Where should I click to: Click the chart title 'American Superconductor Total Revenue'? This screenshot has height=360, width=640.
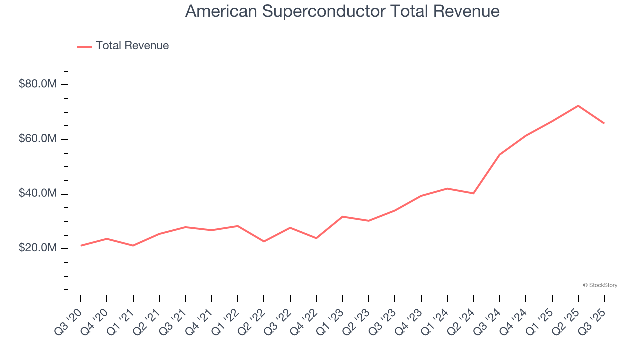[342, 11]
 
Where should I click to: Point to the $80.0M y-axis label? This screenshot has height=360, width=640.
[37, 84]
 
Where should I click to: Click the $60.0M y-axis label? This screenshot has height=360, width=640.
[37, 139]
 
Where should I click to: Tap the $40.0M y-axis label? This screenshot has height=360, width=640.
[37, 194]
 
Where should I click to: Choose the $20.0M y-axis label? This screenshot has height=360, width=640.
[37, 248]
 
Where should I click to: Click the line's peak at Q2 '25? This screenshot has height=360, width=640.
[578, 106]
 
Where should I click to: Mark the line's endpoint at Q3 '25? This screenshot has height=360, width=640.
[604, 123]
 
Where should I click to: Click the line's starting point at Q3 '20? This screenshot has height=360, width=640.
[81, 246]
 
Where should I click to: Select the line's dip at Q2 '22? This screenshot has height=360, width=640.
[264, 242]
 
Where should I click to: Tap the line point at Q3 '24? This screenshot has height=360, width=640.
[500, 155]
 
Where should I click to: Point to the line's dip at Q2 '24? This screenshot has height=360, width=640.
[473, 193]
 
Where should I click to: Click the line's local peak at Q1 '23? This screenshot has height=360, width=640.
[342, 216]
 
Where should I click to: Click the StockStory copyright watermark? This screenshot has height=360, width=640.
[600, 285]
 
